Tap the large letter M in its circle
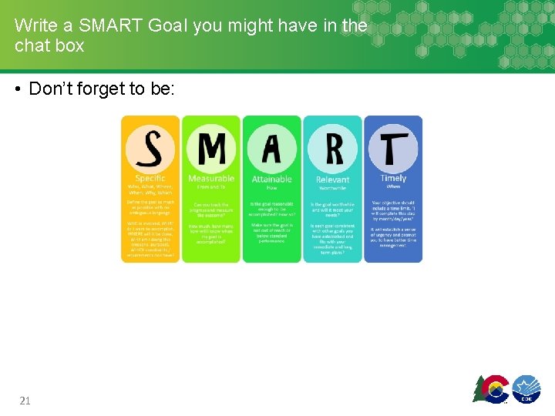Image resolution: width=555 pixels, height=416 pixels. coord(210,148)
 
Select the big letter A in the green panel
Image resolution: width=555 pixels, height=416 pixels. coord(271,149)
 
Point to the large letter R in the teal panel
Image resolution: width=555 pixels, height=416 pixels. coord(332,149)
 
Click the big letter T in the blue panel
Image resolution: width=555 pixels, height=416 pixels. coord(393,149)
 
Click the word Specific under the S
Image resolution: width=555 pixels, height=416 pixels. coord(150,178)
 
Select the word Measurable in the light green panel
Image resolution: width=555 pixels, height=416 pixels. coord(210,179)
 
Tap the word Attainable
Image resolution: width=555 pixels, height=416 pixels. coord(271,179)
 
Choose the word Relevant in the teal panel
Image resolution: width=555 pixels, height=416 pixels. coord(332,180)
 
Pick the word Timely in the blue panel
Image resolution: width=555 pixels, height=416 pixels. coord(393,179)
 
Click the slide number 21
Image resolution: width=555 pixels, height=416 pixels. coord(25,401)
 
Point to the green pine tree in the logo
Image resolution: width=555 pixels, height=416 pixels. coord(479,390)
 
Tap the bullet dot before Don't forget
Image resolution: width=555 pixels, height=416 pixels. coord(17,89)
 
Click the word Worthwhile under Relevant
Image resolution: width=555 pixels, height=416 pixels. coord(332,188)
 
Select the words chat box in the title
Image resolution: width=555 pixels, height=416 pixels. coord(49,45)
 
